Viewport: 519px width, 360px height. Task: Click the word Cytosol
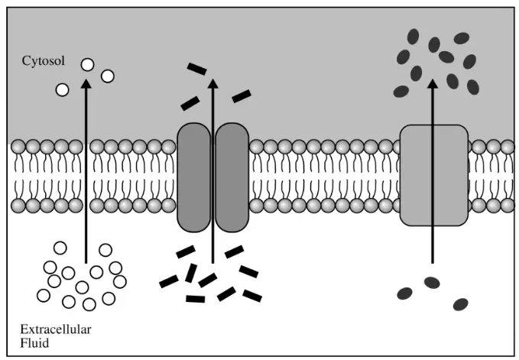44,61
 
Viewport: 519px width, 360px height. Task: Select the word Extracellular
56,329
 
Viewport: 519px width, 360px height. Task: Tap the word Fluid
34,342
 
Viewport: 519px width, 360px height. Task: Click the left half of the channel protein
194,177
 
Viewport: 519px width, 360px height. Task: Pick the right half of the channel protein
232,177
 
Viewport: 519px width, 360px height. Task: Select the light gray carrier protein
434,175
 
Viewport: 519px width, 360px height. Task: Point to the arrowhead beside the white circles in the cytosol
86,83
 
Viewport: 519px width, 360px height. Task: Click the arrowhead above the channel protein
212,83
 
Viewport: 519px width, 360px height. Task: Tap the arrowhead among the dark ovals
432,83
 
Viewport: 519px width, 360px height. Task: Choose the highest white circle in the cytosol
87,64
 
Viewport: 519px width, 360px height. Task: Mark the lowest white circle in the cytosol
62,89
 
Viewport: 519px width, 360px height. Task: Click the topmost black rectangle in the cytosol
197,69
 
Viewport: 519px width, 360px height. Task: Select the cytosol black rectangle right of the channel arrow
242,96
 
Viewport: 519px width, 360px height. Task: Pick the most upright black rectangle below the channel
191,273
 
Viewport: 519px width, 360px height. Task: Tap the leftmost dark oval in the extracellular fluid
404,294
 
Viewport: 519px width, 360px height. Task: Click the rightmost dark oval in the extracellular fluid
460,304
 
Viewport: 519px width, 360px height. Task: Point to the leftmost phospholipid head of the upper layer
18,147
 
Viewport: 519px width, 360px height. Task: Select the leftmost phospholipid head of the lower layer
18,206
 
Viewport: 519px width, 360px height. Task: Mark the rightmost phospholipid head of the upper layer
508,147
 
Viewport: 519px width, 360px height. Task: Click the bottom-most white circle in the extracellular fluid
89,304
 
